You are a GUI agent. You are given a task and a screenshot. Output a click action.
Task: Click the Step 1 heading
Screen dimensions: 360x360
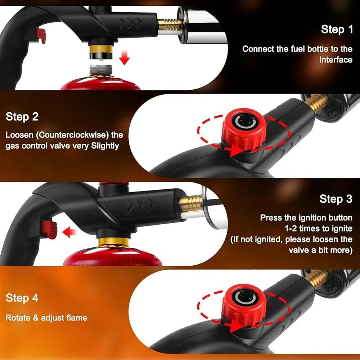[x=337, y=30]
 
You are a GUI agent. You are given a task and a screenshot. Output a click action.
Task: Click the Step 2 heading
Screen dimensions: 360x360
[x=22, y=116]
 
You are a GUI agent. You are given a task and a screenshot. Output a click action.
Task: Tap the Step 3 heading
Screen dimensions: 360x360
[x=336, y=199]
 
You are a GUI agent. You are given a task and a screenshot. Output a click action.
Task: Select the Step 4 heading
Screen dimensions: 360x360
[x=22, y=298]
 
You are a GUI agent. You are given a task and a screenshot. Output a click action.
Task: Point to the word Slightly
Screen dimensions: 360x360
[x=105, y=146]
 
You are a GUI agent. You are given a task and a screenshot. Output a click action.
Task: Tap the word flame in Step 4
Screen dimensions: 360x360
[x=77, y=318]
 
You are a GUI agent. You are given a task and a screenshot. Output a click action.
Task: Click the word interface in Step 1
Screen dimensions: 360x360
[x=336, y=60]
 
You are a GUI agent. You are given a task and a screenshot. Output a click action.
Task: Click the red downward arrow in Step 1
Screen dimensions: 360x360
[x=125, y=58]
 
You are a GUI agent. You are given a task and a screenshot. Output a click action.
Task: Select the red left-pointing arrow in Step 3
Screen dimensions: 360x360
[x=69, y=232]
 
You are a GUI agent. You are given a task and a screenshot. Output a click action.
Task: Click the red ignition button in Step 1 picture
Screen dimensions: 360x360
[x=41, y=36]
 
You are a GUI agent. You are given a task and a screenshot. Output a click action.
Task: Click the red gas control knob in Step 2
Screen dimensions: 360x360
[x=244, y=129]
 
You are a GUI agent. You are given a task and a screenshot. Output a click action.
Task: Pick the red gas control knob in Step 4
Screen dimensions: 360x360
[x=244, y=305]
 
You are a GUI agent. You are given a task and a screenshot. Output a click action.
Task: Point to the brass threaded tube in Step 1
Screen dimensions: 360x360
[x=170, y=24]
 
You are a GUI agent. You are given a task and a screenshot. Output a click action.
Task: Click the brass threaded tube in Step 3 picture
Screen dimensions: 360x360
[x=191, y=203]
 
